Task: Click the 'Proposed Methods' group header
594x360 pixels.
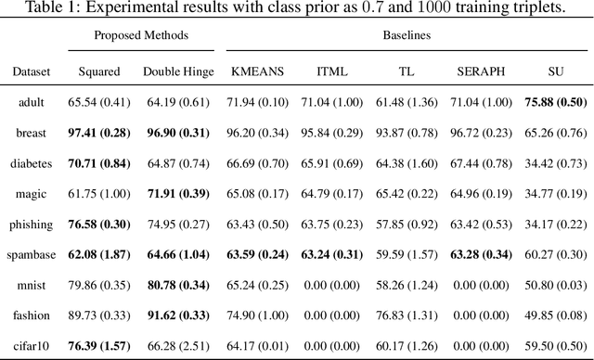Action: click(140, 34)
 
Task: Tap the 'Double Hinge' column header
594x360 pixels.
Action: click(179, 71)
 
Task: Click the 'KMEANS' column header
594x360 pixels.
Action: click(257, 71)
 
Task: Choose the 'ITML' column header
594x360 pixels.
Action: click(333, 71)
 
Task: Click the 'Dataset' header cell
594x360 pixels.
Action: click(32, 71)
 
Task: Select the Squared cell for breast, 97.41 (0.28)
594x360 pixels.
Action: click(97, 133)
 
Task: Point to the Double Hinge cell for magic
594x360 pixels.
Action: click(178, 194)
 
